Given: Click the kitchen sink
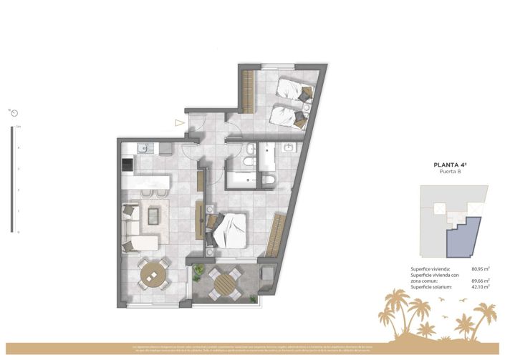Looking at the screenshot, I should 142,150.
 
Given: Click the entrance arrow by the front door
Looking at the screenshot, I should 179,122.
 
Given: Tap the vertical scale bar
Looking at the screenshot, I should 11,179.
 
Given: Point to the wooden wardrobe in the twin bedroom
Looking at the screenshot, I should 249,92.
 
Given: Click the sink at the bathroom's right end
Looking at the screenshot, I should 289,148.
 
